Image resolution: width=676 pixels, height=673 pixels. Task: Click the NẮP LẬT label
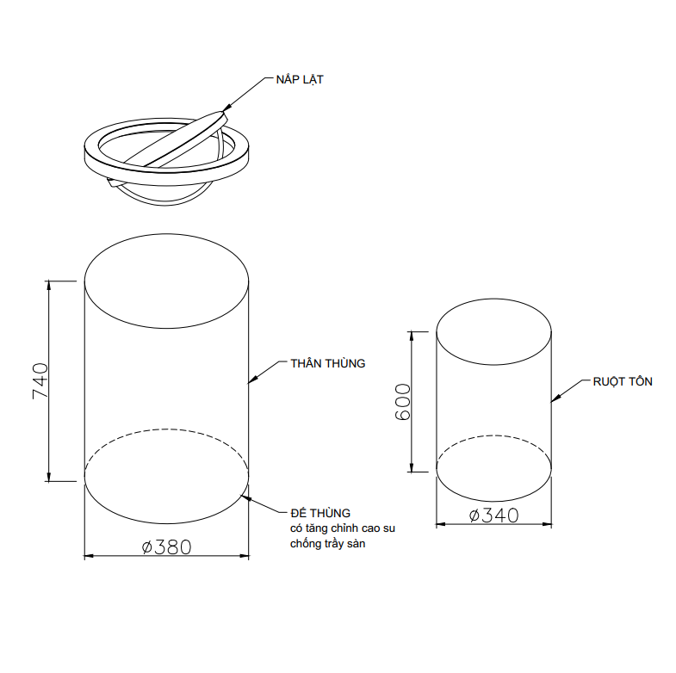point(300,80)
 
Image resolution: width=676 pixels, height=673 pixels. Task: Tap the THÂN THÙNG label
point(327,364)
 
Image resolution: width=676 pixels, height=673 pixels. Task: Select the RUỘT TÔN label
point(623,382)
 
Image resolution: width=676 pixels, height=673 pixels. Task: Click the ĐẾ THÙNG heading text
point(320,513)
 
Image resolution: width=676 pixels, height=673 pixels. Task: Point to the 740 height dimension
point(40,381)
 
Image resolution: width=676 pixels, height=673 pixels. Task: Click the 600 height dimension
point(403,402)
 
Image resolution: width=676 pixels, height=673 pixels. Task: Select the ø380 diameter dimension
point(166,546)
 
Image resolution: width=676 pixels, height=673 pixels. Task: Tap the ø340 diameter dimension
point(493,516)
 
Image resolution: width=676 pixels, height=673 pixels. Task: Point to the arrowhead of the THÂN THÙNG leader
point(252,380)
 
